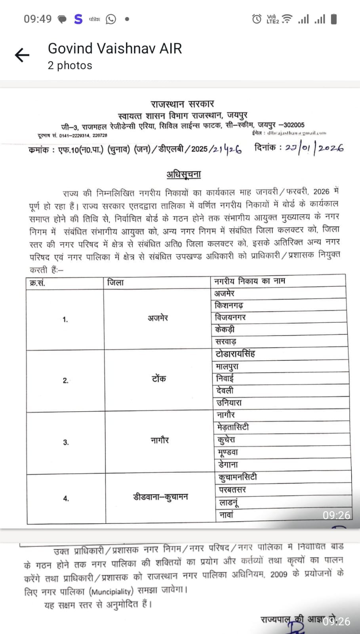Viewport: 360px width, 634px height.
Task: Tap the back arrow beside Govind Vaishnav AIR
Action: pos(22,55)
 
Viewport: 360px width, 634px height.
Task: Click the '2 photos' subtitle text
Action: pos(70,65)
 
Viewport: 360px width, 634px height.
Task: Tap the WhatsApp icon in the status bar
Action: pos(111,19)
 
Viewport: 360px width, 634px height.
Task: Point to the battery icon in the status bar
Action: pos(334,19)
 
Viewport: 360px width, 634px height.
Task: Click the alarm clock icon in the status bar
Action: pos(257,19)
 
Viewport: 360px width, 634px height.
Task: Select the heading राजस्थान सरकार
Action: pos(182,104)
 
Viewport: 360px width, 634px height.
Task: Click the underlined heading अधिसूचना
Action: pos(183,174)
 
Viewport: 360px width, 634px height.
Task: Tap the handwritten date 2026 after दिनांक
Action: pos(331,148)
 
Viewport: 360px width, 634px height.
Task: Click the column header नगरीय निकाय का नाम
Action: pos(250,281)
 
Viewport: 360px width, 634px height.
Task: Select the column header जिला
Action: pos(116,283)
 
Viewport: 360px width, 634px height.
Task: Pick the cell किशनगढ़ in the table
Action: pos(229,306)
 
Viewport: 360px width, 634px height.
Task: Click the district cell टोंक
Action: pos(158,379)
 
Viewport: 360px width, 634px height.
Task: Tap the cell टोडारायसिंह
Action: pos(235,353)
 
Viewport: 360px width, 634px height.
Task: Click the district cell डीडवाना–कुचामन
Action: pos(160,497)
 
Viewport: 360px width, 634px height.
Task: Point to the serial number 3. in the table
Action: pos(66,443)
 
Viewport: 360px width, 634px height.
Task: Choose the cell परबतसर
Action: pos(232,490)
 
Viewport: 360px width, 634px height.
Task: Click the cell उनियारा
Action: pos(229,403)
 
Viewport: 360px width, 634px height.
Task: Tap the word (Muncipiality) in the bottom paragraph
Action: pos(111,592)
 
